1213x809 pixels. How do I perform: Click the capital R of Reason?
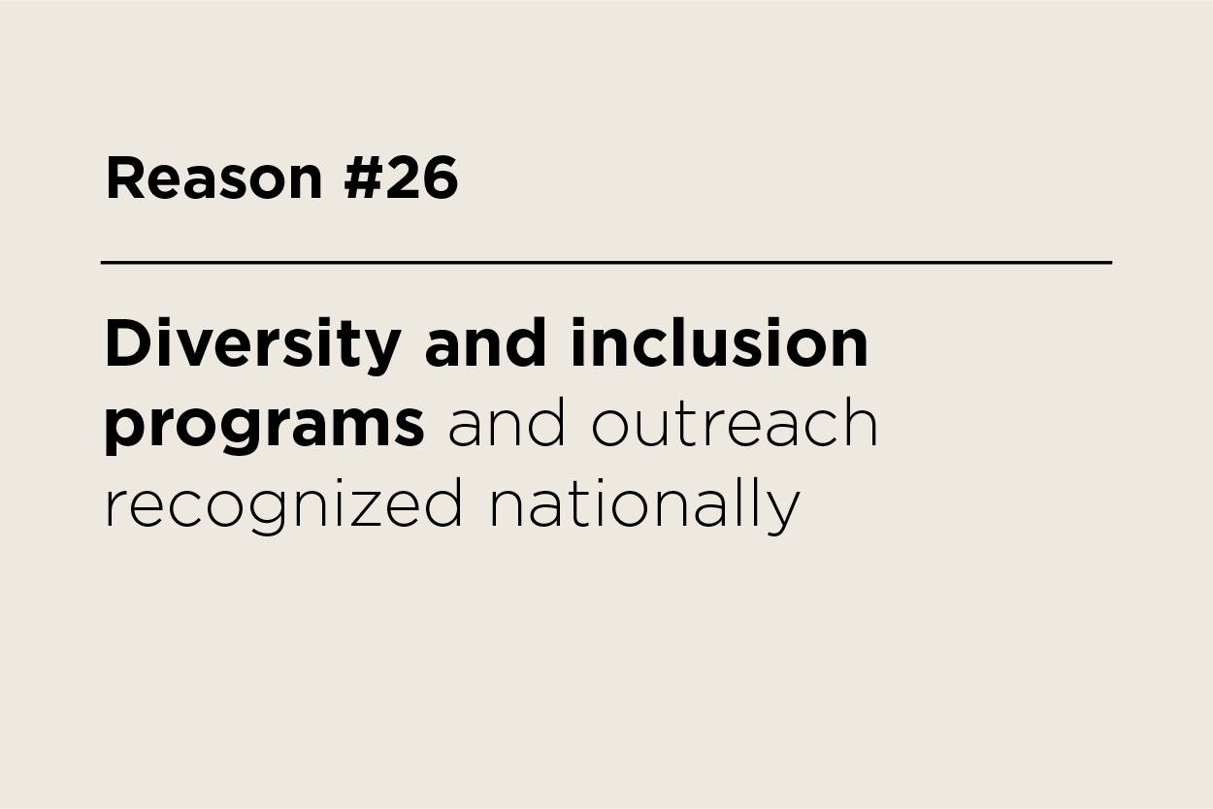(x=123, y=178)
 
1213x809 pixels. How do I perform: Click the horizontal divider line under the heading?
(x=606, y=262)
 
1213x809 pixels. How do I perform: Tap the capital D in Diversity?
(x=126, y=343)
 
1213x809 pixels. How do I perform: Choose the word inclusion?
(x=719, y=343)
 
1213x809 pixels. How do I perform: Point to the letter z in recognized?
(x=370, y=508)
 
